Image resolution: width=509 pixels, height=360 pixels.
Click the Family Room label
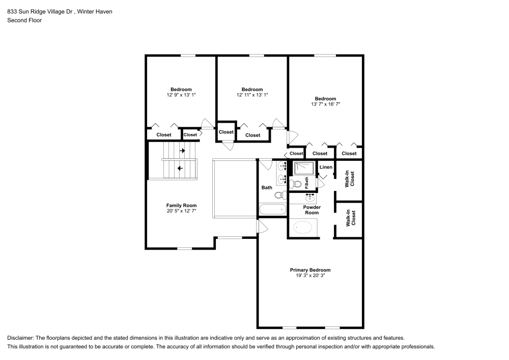[x=181, y=205]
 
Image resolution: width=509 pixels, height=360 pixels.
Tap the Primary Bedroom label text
[x=310, y=270]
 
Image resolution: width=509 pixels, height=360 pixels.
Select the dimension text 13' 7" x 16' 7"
[x=325, y=104]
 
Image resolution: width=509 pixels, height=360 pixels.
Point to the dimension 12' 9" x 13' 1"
[x=181, y=94]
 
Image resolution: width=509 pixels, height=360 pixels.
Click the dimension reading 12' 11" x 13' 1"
[x=252, y=94]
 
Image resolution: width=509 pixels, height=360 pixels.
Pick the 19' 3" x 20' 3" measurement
[x=310, y=275]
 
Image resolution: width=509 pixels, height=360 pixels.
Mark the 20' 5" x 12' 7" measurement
[x=181, y=211]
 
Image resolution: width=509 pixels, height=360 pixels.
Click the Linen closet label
[x=326, y=167]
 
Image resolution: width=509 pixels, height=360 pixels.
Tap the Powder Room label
[x=312, y=210]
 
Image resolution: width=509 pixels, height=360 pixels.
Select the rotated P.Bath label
[x=307, y=182]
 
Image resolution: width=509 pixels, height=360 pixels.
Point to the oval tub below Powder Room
[x=303, y=228]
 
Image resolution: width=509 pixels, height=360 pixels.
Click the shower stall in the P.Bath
[x=303, y=168]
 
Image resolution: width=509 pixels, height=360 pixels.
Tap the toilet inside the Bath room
[x=279, y=195]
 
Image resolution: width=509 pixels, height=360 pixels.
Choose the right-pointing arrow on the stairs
[x=182, y=151]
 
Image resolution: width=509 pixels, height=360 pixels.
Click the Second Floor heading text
[x=24, y=20]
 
